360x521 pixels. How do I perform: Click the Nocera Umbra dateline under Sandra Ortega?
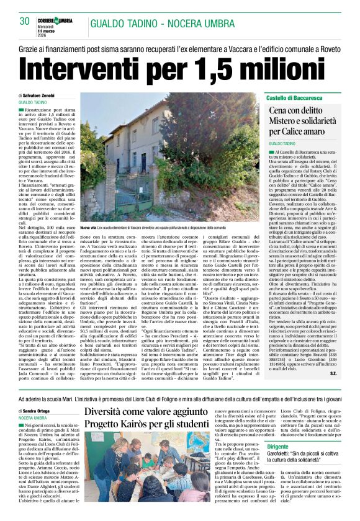pos(32,418)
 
